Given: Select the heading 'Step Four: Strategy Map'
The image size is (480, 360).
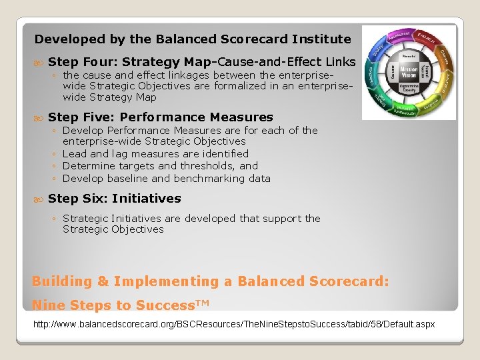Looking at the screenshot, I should [x=130, y=62].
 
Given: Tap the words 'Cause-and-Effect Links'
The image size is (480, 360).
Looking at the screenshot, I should [x=287, y=62].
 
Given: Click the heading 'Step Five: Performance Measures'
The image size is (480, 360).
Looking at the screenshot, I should [x=161, y=117].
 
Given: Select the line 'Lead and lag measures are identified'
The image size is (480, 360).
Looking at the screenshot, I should [x=155, y=153].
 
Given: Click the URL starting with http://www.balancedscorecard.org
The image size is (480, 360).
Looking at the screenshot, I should [x=234, y=324].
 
